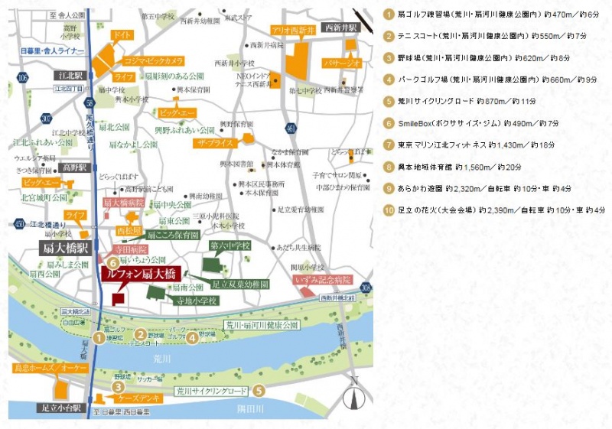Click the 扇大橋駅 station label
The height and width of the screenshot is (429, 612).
(x=66, y=249)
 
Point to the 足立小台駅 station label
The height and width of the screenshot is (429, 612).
(x=60, y=408)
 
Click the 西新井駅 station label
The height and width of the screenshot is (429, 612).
(x=340, y=28)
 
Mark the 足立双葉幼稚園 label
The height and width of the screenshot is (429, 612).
(x=240, y=284)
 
